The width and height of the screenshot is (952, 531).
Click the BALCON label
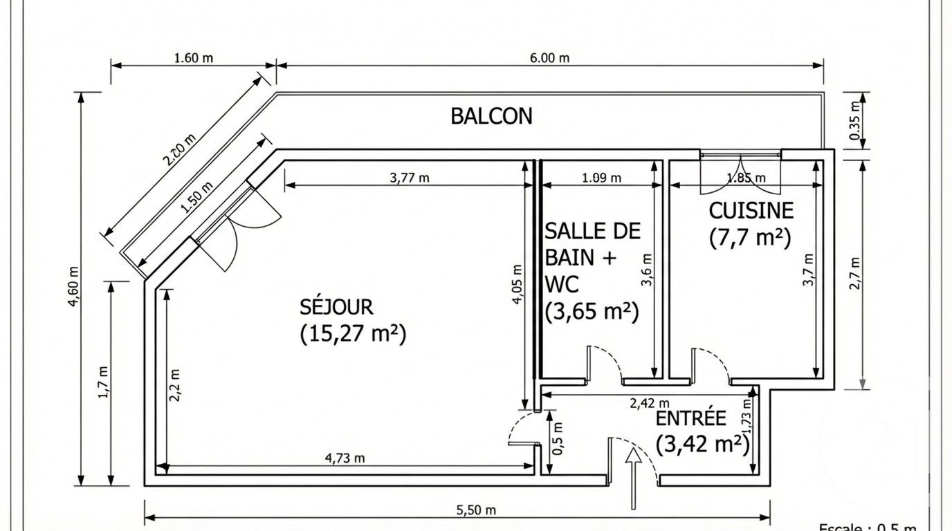[491, 116]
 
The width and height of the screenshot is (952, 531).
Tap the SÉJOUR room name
[336, 306]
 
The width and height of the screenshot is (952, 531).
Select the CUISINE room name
[751, 210]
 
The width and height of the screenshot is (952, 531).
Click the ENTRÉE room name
[690, 418]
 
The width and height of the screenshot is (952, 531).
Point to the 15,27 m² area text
[353, 334]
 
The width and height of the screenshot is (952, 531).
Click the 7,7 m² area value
[750, 237]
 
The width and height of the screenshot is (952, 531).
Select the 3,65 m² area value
[591, 312]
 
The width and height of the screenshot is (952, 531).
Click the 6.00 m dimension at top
[550, 58]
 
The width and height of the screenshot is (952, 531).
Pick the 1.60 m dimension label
[193, 58]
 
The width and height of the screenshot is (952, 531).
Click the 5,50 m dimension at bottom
[476, 511]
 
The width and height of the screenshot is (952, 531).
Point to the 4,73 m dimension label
[345, 458]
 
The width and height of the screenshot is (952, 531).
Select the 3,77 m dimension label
[410, 178]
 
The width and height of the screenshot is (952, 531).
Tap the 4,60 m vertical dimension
[74, 289]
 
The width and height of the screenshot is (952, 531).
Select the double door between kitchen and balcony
[740, 173]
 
